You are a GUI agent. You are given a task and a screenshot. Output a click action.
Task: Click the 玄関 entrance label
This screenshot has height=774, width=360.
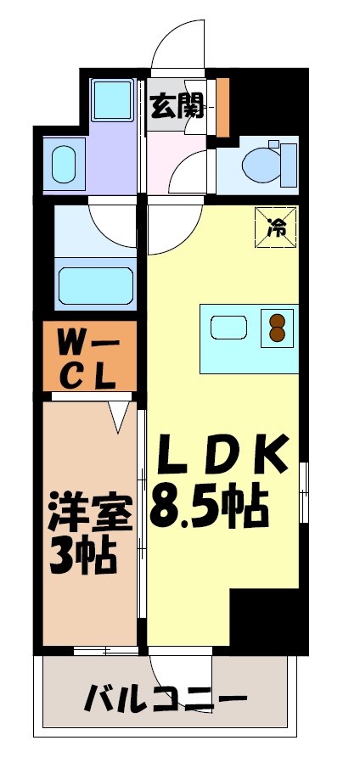[177, 106]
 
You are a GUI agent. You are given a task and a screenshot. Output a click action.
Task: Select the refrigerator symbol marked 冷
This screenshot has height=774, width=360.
[277, 227]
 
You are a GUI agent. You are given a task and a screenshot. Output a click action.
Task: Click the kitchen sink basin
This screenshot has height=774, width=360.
[228, 327]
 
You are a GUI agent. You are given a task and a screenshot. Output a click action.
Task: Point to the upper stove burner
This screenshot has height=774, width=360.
[278, 320]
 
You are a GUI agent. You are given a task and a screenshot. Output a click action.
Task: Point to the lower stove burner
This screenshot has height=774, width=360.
[278, 334]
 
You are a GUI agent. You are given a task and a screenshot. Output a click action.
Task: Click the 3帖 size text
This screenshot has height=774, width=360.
[82, 556]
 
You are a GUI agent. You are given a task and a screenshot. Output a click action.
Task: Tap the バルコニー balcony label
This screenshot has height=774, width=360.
[166, 701]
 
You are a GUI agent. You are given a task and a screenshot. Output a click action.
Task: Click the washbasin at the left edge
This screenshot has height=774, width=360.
[64, 163]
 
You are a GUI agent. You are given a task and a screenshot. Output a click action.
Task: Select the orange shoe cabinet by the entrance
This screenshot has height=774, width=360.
[222, 106]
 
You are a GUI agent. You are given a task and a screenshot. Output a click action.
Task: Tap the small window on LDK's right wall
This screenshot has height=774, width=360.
[304, 492]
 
